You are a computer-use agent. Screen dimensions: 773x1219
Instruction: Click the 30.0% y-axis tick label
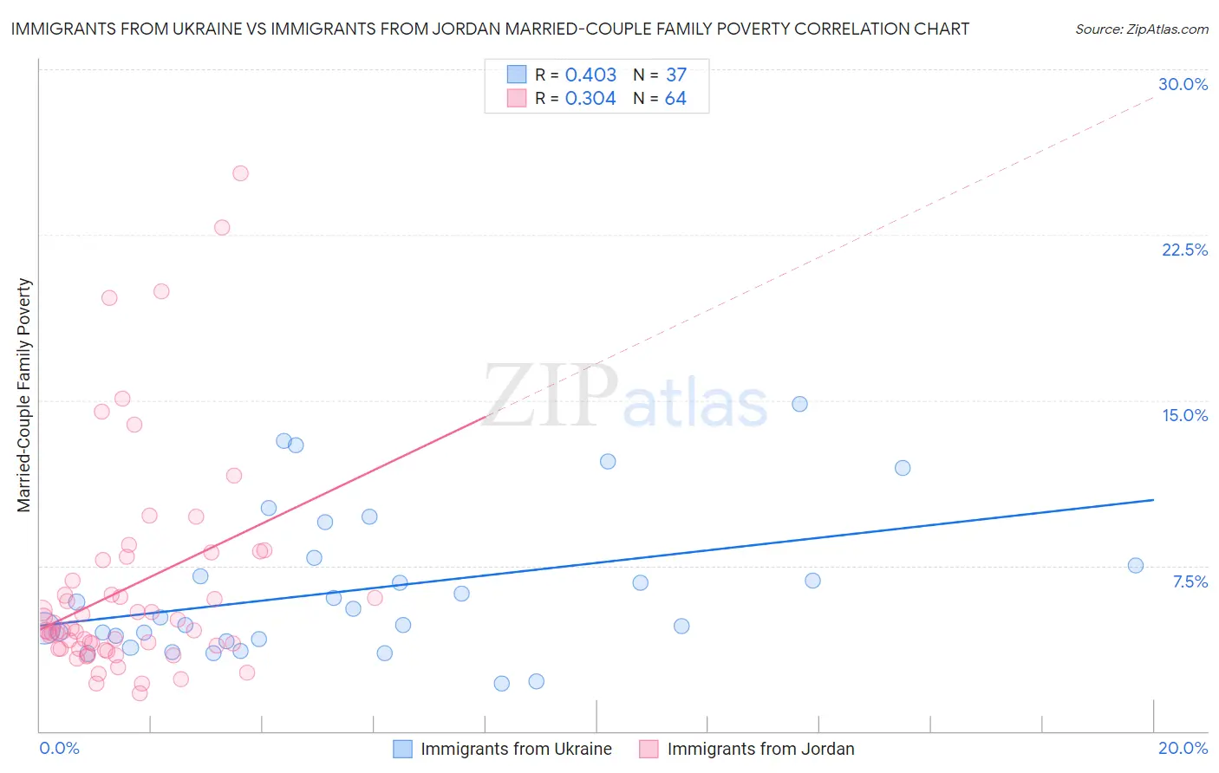coord(1183,84)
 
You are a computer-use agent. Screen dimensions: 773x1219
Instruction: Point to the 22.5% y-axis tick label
coord(1184,250)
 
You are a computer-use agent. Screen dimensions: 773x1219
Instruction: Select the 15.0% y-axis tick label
coord(1184,415)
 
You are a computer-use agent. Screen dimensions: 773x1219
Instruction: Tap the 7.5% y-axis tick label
coord(1190,581)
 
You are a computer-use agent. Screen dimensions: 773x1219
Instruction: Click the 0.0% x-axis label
coord(59,748)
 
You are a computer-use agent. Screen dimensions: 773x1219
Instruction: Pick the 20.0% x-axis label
coord(1183,748)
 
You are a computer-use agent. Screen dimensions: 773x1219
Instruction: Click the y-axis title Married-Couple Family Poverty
coord(24,395)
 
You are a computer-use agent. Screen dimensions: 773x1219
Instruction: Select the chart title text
coord(490,29)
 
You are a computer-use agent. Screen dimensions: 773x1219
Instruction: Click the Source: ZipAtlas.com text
coord(1141,29)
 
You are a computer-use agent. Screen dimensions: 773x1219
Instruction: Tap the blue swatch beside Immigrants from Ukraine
coord(402,749)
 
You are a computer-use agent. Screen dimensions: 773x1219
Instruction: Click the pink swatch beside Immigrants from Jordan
coord(649,749)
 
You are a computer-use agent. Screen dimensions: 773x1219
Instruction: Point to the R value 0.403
coord(590,75)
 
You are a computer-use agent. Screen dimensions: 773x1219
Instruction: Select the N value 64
coord(675,99)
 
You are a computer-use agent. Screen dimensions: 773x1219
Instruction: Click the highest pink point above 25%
coord(240,173)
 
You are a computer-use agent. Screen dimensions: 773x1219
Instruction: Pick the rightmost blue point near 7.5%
coord(1135,566)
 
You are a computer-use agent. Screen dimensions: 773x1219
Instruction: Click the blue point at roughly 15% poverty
coord(799,404)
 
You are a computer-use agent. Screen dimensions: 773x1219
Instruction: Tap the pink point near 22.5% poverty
coord(222,228)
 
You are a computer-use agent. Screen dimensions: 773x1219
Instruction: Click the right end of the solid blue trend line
coord(1153,500)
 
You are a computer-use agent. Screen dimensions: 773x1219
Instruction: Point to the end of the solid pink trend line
coord(486,417)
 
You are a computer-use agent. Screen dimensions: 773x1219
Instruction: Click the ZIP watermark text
coord(551,396)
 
